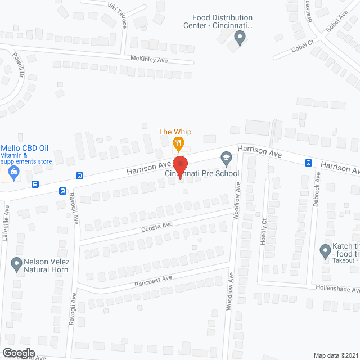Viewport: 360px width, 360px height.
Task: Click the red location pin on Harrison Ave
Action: pos(180,165)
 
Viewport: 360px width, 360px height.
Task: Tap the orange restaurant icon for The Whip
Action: pos(178,143)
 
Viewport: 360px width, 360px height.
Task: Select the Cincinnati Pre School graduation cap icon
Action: pos(226,159)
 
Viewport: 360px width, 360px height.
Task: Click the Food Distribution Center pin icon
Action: pos(240,39)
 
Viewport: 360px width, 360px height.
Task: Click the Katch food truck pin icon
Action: pos(325,250)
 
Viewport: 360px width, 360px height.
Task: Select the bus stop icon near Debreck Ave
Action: pos(308,163)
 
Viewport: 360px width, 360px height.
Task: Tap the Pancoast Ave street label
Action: pos(153,280)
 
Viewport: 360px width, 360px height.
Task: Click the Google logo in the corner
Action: pos(18,353)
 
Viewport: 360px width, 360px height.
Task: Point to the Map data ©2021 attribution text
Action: pos(335,355)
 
